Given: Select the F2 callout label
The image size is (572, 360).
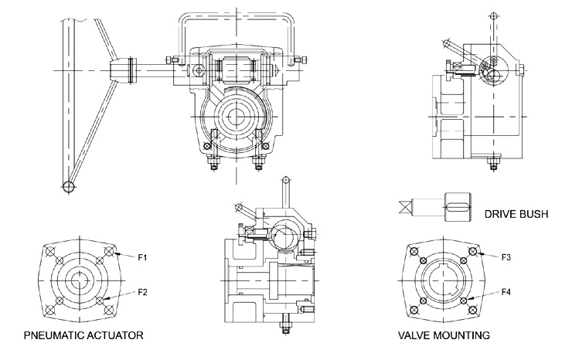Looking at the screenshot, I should pyautogui.click(x=142, y=292).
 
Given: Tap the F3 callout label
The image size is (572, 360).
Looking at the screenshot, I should pyautogui.click(x=506, y=255).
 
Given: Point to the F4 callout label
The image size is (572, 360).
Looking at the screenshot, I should pyautogui.click(x=506, y=291).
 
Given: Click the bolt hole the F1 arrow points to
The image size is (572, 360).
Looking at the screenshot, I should pyautogui.click(x=112, y=252).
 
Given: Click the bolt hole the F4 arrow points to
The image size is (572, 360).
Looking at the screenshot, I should pyautogui.click(x=463, y=301).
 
